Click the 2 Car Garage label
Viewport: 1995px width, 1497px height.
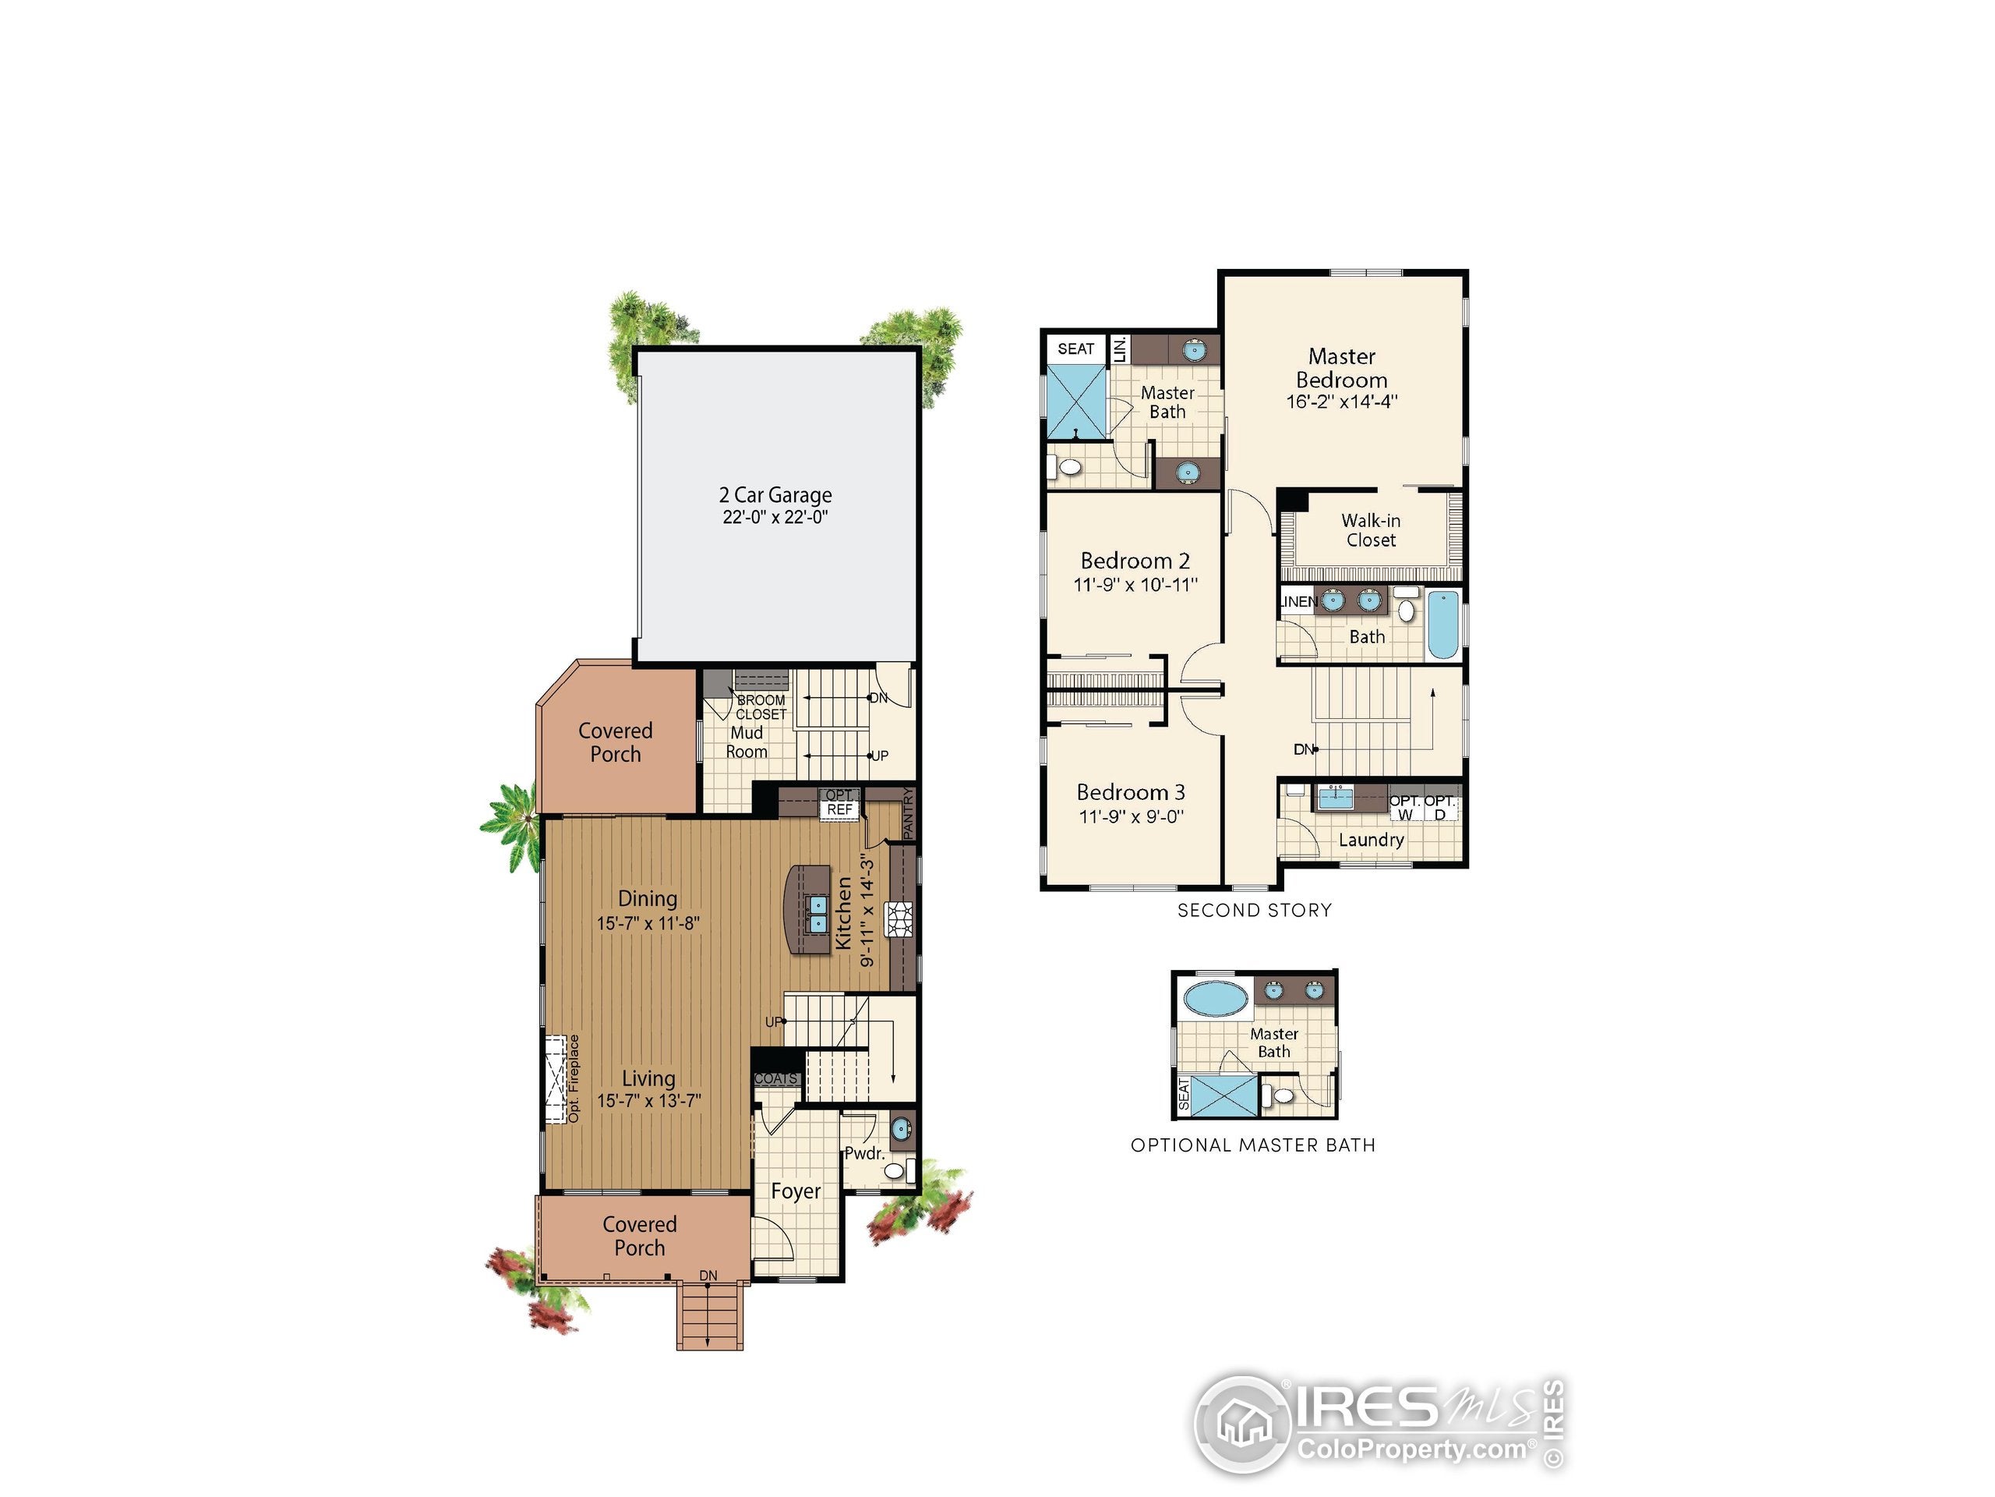[x=775, y=494]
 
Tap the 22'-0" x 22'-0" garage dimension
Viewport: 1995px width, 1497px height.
[x=775, y=517]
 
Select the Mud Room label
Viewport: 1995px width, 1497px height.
[x=747, y=741]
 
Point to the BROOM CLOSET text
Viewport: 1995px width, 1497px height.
[x=761, y=706]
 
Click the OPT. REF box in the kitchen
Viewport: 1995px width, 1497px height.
[x=839, y=803]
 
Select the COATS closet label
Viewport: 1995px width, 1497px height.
[x=775, y=1078]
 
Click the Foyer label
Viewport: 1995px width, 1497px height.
[x=796, y=1191]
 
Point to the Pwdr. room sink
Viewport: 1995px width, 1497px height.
[x=900, y=1129]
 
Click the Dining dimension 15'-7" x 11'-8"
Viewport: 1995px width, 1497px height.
[x=648, y=923]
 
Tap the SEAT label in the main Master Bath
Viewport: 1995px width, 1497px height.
[x=1075, y=349]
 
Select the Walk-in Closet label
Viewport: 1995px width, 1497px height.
[x=1370, y=529]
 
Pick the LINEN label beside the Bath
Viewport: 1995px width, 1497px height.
[x=1298, y=601]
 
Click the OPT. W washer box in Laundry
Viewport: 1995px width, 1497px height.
[x=1404, y=808]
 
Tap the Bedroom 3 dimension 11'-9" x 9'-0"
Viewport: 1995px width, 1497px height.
[x=1131, y=816]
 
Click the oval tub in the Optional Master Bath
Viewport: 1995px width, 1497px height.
[x=1216, y=999]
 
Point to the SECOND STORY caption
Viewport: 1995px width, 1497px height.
[x=1255, y=911]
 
